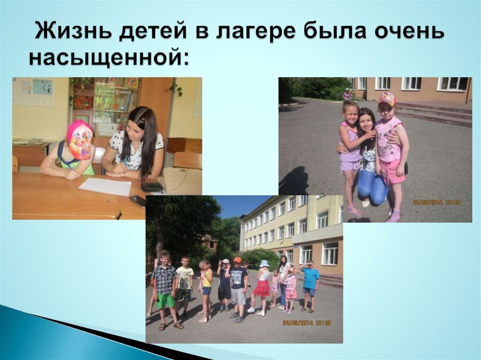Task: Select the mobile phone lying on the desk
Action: [x=137, y=201]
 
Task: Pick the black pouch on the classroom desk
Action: [x=152, y=187]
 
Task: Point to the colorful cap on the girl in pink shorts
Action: [x=387, y=98]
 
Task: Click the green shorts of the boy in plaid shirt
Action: [x=166, y=300]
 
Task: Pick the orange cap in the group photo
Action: [x=237, y=260]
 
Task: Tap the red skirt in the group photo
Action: [x=262, y=288]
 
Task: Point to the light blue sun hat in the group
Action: [x=264, y=263]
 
